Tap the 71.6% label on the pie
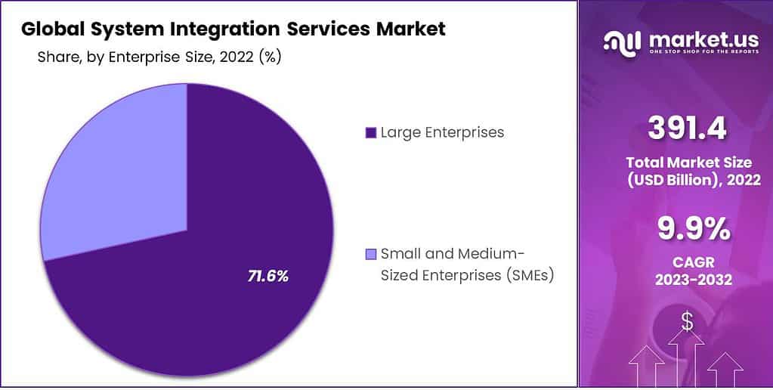pos(267,276)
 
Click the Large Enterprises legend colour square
pos(370,133)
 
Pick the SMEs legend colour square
pos(370,253)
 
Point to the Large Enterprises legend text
pos(442,132)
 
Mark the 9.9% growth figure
pos(687,228)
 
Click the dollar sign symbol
pos(687,321)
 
